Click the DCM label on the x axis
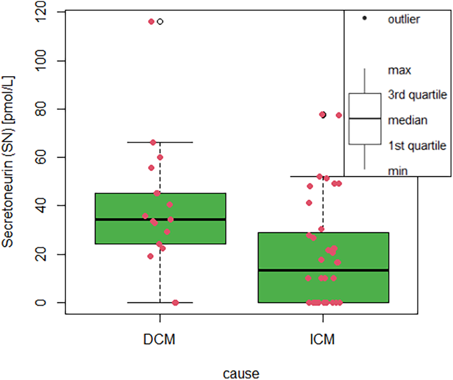[x=160, y=340]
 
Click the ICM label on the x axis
[x=322, y=340]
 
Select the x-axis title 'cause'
[x=241, y=373]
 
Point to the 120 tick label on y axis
[x=47, y=12]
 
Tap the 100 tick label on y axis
[x=47, y=61]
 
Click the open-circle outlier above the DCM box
[x=160, y=22]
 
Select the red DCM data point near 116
[x=152, y=22]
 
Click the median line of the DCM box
[x=160, y=219]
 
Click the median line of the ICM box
[x=322, y=270]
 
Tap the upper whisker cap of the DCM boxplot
[x=160, y=142]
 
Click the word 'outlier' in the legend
[x=403, y=20]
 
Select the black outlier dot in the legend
[x=365, y=19]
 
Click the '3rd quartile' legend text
[x=417, y=95]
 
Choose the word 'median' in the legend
[x=407, y=121]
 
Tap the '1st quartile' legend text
[x=416, y=146]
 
